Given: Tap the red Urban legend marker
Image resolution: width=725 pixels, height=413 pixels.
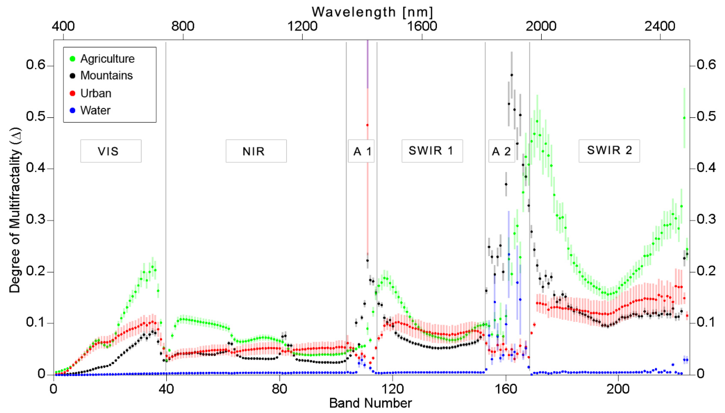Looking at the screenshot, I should [x=73, y=93].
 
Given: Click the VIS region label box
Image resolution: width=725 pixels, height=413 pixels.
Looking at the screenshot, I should [x=111, y=151].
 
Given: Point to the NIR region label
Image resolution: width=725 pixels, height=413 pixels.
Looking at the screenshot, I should [x=256, y=151].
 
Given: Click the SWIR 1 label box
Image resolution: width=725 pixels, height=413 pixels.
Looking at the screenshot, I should [x=432, y=151].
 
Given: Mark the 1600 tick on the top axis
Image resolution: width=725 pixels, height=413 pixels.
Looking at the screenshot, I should [x=422, y=26].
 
